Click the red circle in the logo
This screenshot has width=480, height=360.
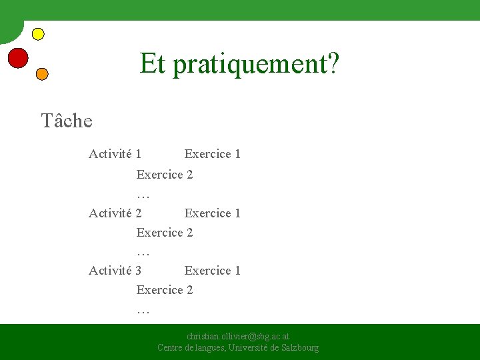coord(18,58)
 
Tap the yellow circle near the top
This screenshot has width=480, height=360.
coord(38,33)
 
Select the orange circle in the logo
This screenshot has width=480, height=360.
coord(41,74)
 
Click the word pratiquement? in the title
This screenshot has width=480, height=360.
coord(255,64)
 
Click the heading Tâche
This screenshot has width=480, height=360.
coord(67,121)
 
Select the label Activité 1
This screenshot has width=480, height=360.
coord(115,154)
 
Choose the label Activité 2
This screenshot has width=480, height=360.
coord(115,213)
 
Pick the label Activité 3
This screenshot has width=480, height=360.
coord(115,271)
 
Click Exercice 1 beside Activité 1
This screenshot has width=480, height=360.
coord(212,154)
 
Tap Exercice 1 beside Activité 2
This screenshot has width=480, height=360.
coord(212,213)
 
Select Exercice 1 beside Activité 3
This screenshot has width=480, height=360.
coord(212,271)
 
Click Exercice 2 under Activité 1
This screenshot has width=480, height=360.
coord(165,175)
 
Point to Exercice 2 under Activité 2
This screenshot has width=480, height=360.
coord(165,233)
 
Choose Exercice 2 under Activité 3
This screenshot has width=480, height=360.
coord(165,290)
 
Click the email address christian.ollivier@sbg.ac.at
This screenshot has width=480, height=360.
coord(238,337)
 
